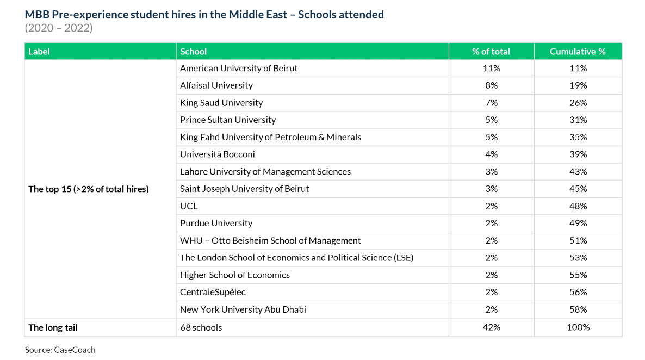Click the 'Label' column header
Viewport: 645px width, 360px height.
39,52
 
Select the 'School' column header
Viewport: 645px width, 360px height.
194,52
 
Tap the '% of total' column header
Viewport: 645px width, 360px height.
491,52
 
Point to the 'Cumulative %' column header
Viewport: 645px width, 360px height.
578,52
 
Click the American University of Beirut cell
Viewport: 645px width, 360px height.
239,69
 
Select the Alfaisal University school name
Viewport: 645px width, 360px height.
216,85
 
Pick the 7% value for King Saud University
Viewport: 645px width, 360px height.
491,103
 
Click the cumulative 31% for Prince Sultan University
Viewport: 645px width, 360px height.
578,120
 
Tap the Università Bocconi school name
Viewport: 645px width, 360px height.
218,154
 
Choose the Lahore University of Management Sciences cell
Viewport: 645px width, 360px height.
265,172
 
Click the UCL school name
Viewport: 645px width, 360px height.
189,206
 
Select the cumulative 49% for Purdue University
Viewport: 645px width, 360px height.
578,224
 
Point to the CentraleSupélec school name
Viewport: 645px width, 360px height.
213,293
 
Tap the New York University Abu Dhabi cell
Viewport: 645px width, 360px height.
243,310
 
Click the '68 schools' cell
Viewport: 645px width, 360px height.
201,327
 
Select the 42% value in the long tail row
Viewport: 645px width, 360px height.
491,327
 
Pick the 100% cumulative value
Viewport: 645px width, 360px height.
578,327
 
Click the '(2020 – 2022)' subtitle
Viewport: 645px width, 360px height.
59,28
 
